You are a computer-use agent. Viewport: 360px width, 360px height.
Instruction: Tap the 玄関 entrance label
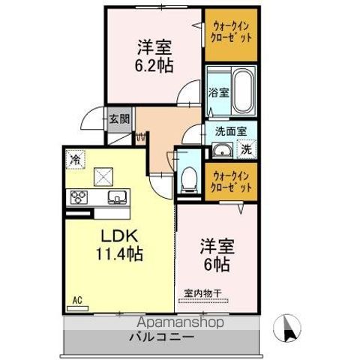(x=118, y=118)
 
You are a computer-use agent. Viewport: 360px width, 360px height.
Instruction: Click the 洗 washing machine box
(x=245, y=149)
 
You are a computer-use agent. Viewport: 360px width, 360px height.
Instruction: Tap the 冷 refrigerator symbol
(x=75, y=158)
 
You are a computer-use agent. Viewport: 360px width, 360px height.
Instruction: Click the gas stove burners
(x=79, y=198)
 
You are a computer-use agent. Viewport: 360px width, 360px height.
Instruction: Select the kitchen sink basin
(x=118, y=198)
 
